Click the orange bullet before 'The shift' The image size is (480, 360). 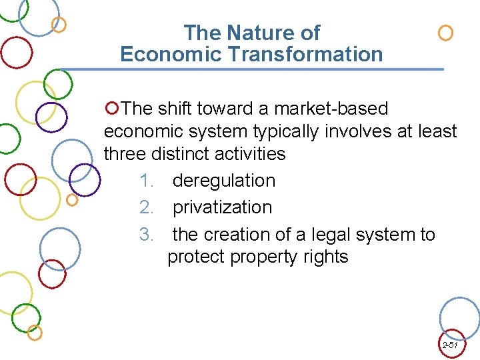112,107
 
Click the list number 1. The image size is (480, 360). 147,181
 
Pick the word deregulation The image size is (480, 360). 223,181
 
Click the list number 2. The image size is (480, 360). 147,207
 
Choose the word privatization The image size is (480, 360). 222,207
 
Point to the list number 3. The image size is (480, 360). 147,235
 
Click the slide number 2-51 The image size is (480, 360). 449,345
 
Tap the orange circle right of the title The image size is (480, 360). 445,33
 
